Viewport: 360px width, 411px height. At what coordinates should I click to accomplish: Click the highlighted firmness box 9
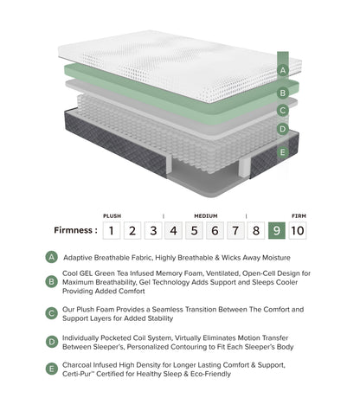pos(276,230)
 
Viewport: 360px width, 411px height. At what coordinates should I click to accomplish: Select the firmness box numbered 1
pos(111,230)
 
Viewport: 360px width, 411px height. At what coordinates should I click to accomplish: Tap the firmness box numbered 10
pos(297,230)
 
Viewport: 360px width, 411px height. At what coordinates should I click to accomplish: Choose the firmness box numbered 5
pos(194,230)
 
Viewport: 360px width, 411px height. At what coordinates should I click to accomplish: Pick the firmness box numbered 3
pos(152,230)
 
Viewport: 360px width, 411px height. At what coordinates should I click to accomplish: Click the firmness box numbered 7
pos(235,230)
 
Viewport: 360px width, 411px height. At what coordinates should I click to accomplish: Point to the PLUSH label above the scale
pos(112,215)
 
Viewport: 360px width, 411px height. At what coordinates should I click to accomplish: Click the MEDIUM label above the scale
pos(205,215)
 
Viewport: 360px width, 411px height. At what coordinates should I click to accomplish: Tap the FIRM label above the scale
pos(297,215)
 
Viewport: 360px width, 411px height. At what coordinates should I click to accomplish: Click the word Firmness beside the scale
pos(73,231)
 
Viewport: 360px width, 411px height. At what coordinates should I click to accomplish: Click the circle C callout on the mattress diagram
pos(282,110)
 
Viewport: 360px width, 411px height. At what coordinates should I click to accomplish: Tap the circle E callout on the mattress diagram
pos(282,152)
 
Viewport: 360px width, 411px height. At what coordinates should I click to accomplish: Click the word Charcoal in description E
pos(85,368)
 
